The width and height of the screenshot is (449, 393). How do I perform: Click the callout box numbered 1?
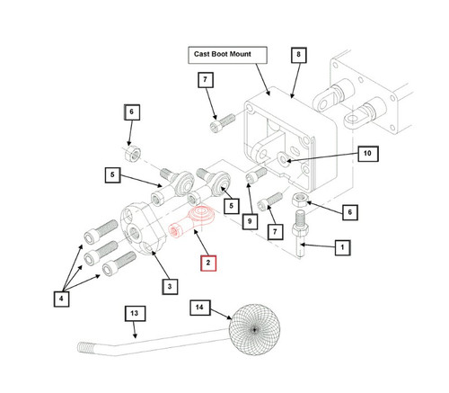342,247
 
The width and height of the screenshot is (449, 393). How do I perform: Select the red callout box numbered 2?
208,263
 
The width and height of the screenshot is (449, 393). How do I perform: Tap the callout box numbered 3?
170,286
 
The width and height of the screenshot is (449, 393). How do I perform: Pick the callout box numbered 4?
61,299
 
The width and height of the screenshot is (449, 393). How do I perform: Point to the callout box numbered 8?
299,55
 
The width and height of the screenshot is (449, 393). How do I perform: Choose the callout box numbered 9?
250,221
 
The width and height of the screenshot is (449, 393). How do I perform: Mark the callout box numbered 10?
368,154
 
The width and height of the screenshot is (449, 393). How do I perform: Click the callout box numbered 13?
136,314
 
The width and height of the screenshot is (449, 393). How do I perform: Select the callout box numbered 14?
200,308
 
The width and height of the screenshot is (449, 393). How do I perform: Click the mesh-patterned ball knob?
254,329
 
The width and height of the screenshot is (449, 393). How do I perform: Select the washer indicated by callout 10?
283,157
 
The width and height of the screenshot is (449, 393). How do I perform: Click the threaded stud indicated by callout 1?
301,232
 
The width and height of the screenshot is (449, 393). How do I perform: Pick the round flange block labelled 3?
143,228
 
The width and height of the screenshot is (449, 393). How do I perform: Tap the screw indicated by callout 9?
256,174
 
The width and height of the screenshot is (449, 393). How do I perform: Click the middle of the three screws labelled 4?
101,253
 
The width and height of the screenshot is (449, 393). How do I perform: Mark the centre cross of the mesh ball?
254,330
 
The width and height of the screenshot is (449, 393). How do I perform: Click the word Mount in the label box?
240,54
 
